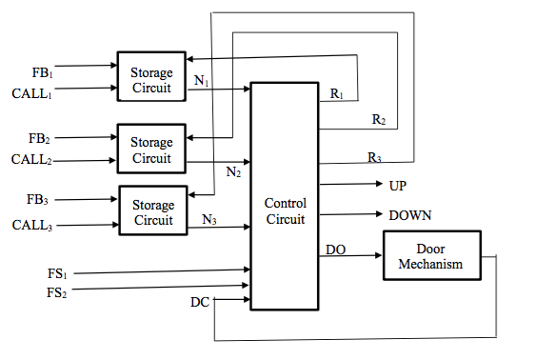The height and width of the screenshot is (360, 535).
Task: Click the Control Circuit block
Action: point(285,195)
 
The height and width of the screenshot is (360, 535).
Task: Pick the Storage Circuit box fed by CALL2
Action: point(152,150)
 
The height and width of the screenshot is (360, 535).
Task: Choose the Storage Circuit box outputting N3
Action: point(152,212)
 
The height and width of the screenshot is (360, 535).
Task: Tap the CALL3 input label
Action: point(33,226)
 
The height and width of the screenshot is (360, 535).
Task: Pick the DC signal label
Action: point(200,303)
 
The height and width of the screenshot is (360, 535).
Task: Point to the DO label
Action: point(335,250)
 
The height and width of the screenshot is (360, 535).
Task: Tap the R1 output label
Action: point(337,94)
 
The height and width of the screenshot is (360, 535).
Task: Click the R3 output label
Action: point(375,156)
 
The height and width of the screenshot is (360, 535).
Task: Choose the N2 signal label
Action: point(233,172)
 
